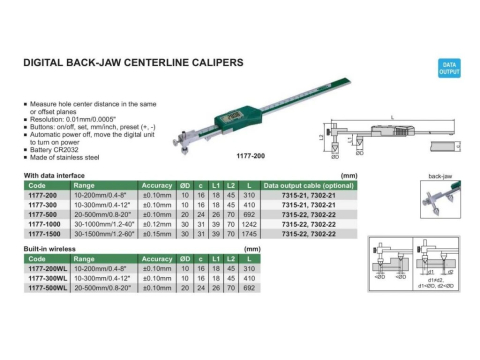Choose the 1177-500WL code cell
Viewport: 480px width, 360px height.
coord(48,286)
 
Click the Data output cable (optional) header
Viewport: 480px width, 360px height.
coord(309,185)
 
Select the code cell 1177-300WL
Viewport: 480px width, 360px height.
coord(48,277)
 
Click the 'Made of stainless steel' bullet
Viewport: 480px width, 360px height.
coord(66,156)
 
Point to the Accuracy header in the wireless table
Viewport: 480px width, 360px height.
coord(157,259)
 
